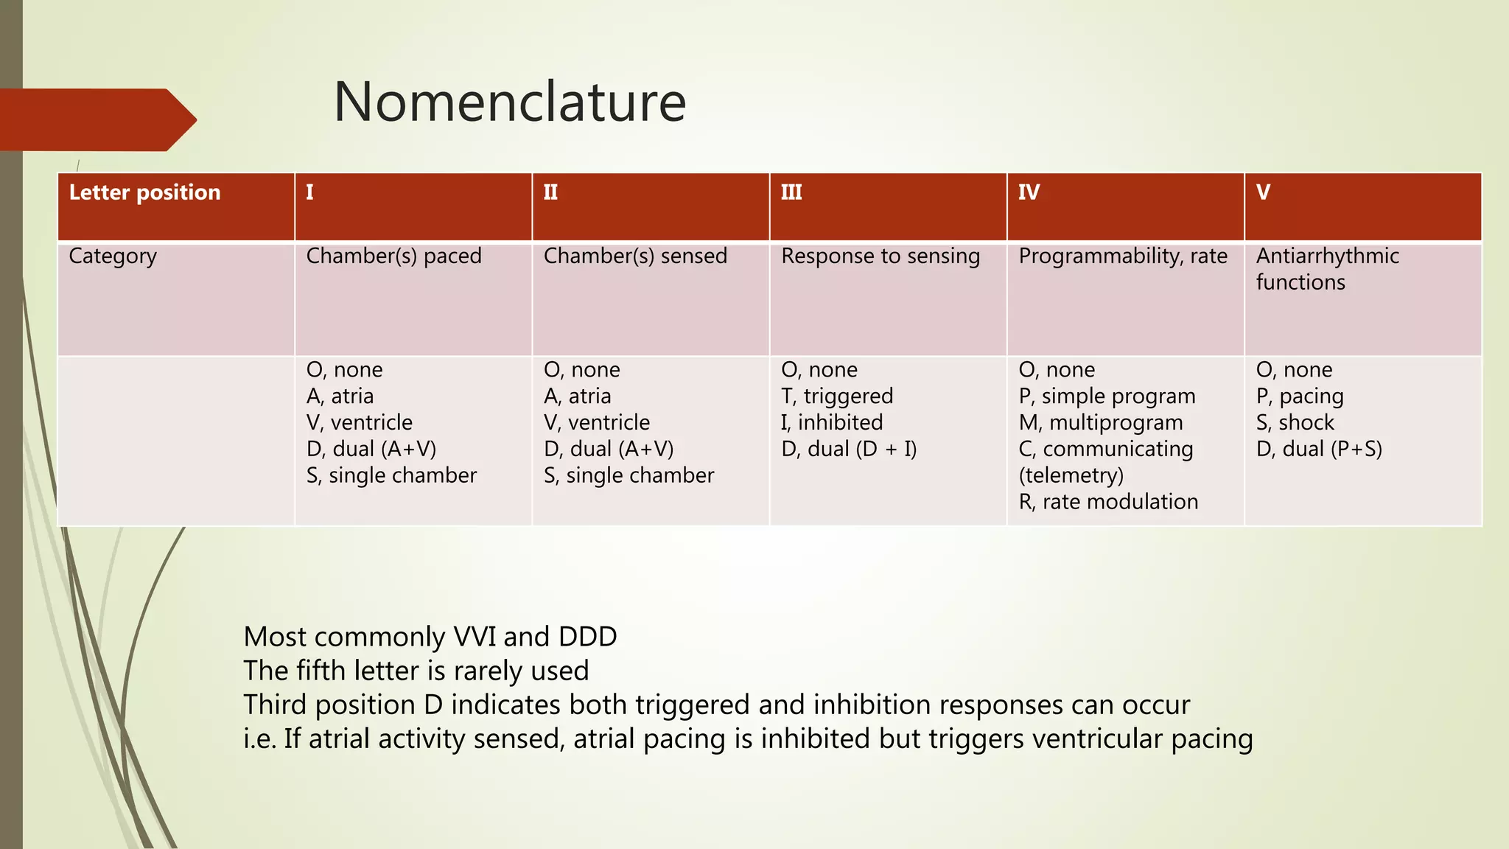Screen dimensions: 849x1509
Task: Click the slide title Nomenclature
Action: (510, 102)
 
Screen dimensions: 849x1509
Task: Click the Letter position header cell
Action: (144, 192)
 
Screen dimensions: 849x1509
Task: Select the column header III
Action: (791, 192)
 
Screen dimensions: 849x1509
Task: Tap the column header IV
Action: (1029, 192)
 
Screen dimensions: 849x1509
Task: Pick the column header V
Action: (1263, 192)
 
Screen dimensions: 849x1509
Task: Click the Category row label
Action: (113, 256)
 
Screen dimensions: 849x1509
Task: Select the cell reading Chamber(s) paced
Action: (393, 256)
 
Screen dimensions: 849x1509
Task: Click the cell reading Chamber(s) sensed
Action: (635, 256)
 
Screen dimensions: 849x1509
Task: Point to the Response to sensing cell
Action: (880, 256)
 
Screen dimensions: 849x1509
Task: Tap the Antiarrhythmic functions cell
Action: (1326, 269)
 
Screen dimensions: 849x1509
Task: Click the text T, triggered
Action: (837, 396)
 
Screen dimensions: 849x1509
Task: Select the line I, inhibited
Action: (832, 423)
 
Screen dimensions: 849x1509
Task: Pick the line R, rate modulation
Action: (1108, 502)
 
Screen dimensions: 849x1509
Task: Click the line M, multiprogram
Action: (1101, 423)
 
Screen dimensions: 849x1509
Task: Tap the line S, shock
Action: (1295, 423)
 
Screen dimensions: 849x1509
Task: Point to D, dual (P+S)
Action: (1319, 450)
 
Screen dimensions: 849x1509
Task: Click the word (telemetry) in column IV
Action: (1071, 476)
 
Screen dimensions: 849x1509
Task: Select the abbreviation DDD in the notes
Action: (587, 637)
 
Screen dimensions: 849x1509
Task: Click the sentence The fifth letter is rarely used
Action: (416, 671)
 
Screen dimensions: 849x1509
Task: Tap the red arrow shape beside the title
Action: (96, 120)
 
